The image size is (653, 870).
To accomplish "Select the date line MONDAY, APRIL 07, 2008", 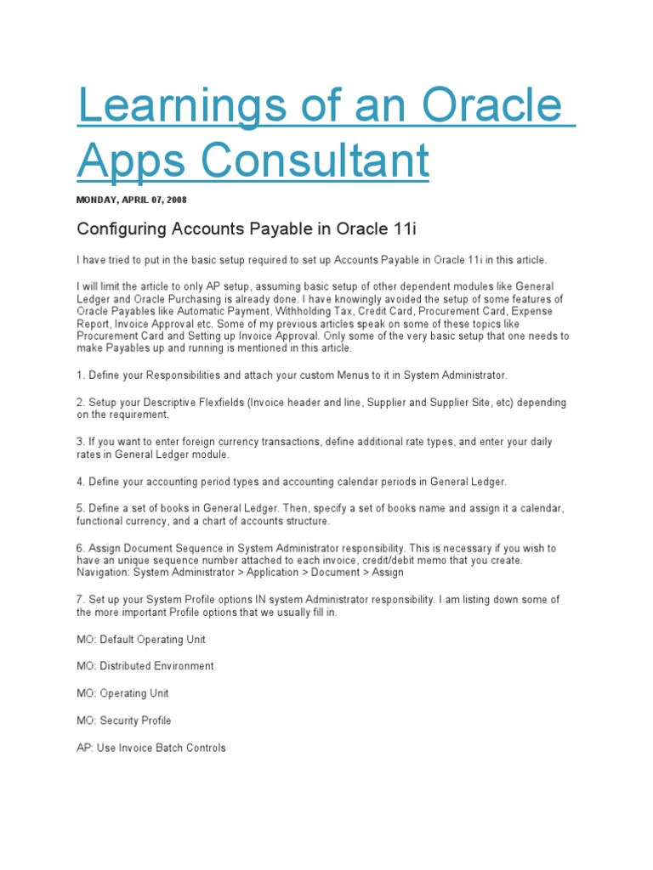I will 132,201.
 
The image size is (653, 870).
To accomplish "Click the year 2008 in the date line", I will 175,201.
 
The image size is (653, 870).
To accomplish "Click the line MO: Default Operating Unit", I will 141,639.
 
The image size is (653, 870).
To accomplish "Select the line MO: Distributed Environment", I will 145,666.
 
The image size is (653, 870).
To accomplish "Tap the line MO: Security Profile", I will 124,720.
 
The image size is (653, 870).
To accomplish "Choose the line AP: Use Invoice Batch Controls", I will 151,748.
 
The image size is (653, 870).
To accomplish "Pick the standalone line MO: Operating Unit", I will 122,693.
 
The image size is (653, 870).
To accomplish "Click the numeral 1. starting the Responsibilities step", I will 81,376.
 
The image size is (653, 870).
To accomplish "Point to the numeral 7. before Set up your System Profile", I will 81,600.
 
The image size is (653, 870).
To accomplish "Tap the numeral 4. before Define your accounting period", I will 81,482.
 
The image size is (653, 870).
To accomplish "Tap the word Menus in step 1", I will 347,376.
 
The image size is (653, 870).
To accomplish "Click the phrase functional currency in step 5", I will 121,521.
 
